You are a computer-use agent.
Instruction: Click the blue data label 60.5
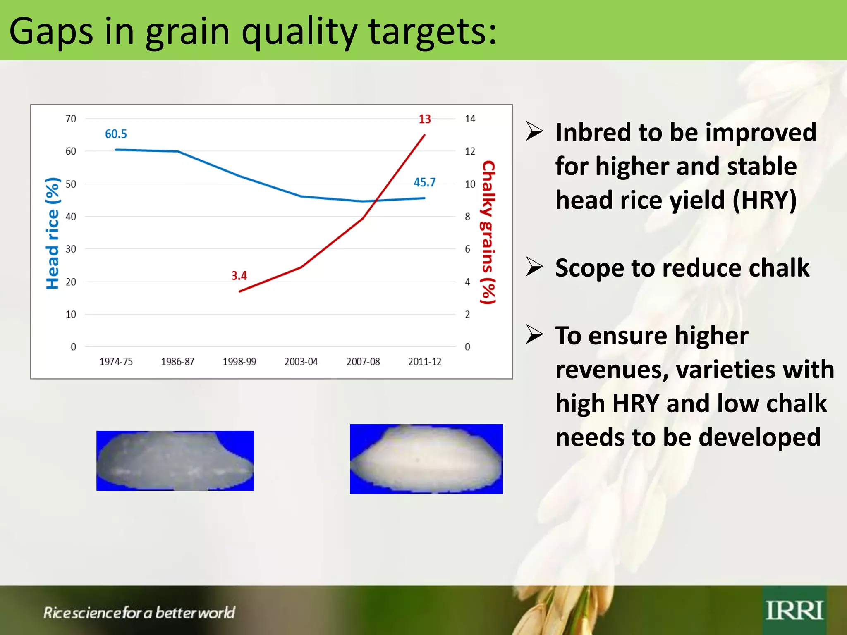coord(116,134)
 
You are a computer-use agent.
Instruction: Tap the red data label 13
coord(425,119)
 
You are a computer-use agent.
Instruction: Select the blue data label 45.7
coord(425,182)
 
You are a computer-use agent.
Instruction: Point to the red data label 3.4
coord(239,276)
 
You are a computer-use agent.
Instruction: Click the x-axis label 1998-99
coord(239,362)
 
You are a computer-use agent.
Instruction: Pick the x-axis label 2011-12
coord(425,362)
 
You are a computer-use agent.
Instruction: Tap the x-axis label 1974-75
coord(116,362)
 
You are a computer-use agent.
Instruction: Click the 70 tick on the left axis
coord(71,119)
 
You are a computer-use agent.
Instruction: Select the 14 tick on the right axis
coord(470,119)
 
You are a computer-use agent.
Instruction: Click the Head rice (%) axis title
coord(53,234)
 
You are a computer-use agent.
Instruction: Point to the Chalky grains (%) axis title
coord(488,232)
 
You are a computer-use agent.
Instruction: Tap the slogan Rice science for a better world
coord(139,613)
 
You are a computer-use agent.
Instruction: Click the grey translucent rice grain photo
coord(175,461)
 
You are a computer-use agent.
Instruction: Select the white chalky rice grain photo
coord(426,459)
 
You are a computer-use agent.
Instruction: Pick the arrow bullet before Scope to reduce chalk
coord(534,267)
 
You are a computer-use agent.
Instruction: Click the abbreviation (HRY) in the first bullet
coord(764,201)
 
